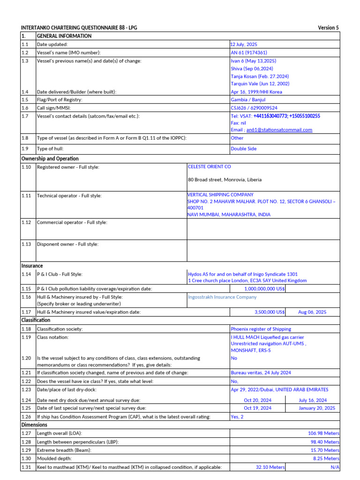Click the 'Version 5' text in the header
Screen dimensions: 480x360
328,28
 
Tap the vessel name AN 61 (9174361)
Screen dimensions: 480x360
249,52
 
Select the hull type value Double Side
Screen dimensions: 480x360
244,149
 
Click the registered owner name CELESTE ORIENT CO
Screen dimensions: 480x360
209,166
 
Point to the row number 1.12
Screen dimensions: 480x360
26,222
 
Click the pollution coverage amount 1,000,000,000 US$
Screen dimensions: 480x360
264,289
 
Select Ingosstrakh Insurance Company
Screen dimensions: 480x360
222,297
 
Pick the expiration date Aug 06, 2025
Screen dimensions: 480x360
312,312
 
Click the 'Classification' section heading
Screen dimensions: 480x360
36,320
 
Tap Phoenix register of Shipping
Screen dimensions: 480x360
261,329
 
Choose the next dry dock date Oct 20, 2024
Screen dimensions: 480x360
258,400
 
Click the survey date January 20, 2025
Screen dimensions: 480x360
317,408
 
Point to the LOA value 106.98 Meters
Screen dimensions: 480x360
323,434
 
